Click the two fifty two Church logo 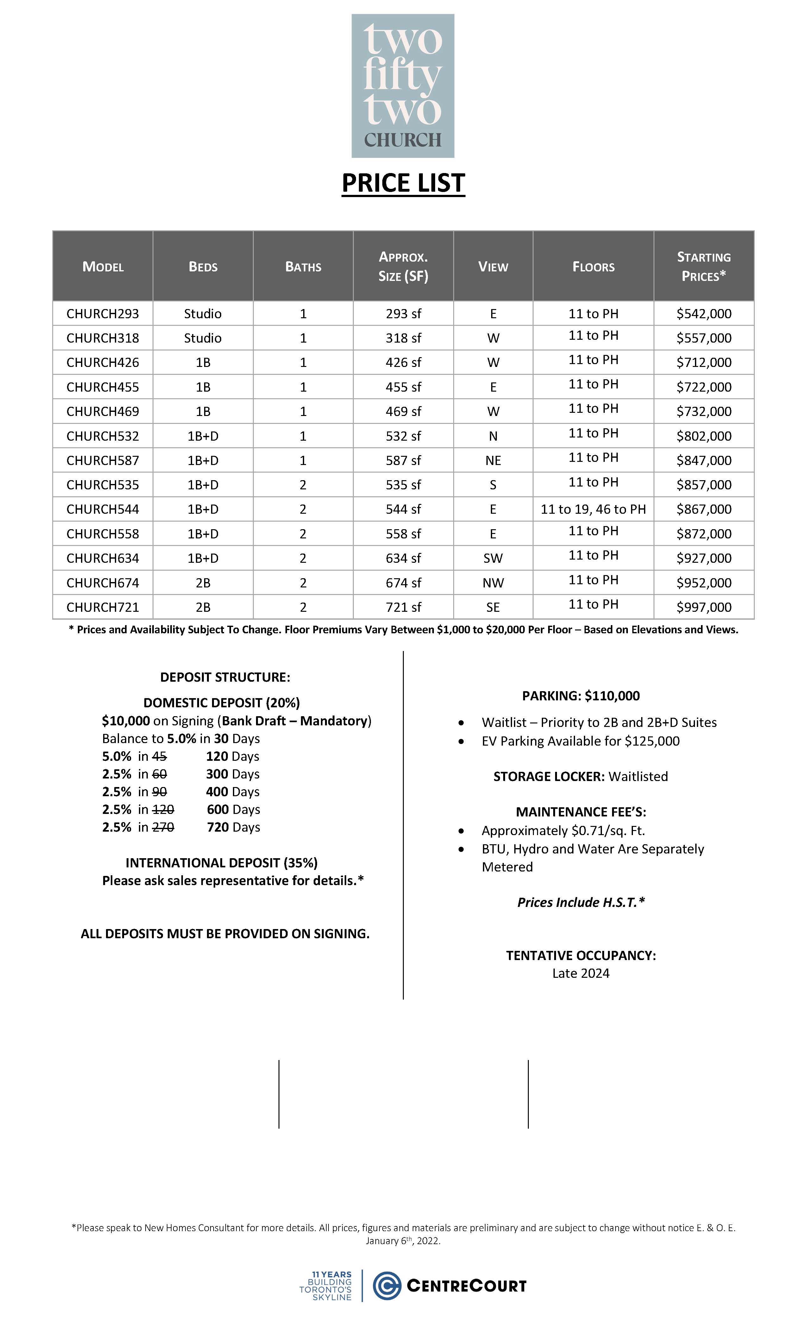(x=403, y=86)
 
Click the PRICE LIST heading (x=403, y=183)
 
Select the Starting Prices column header (x=704, y=266)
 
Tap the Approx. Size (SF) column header (x=403, y=266)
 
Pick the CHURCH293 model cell (x=103, y=314)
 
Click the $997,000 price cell (x=704, y=607)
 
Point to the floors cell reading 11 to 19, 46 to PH (x=593, y=509)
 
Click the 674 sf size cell (x=403, y=583)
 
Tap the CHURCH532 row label (x=103, y=436)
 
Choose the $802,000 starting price (x=704, y=436)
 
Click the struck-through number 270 (x=163, y=827)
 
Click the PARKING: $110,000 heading (x=581, y=696)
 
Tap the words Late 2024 (x=581, y=973)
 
